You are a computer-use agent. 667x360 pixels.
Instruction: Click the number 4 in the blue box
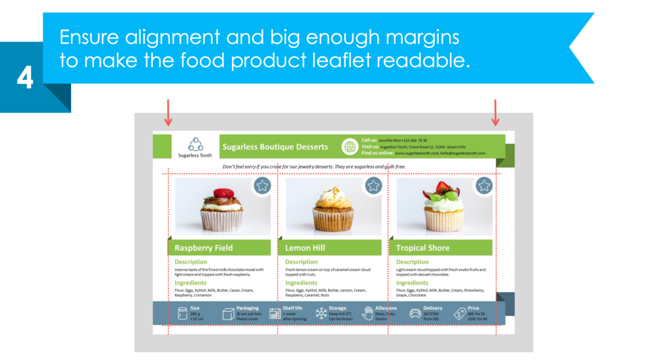click(25, 78)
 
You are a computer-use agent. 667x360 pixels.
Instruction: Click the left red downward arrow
click(168, 112)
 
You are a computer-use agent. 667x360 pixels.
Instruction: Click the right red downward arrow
click(496, 112)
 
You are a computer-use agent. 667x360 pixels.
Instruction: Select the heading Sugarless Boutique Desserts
click(275, 147)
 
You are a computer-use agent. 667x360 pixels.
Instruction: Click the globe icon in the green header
click(350, 147)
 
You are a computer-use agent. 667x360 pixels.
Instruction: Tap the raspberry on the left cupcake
click(223, 193)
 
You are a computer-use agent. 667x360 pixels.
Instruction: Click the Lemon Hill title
click(305, 248)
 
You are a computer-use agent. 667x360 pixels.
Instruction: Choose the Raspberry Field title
click(203, 248)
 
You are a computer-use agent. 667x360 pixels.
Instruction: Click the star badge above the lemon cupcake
click(374, 186)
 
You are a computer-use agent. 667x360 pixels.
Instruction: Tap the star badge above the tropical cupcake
click(484, 186)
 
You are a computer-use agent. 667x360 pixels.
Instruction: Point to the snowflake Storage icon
click(321, 314)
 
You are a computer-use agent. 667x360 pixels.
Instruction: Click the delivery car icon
click(415, 313)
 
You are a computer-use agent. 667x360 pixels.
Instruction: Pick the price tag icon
click(460, 313)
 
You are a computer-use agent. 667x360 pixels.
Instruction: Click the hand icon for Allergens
click(367, 313)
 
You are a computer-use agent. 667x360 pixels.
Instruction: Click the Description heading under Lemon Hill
click(301, 262)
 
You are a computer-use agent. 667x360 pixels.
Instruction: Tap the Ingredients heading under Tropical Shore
click(412, 283)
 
